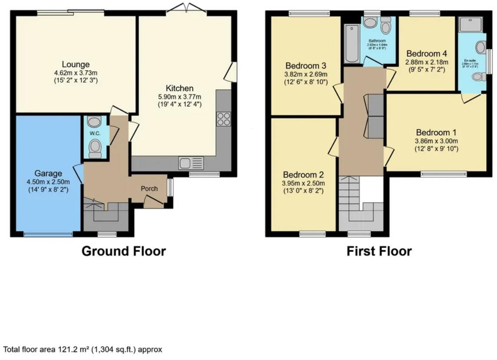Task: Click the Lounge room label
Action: (76, 65)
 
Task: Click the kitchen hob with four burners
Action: (223, 119)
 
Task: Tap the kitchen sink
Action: (191, 163)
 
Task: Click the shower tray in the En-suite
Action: (470, 24)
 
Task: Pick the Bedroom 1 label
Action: (436, 132)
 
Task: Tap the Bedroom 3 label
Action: (305, 66)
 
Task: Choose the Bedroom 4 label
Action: (426, 54)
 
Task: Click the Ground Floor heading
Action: (124, 251)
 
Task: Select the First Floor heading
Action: (379, 251)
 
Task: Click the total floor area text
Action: (83, 349)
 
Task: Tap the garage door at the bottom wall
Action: (48, 234)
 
